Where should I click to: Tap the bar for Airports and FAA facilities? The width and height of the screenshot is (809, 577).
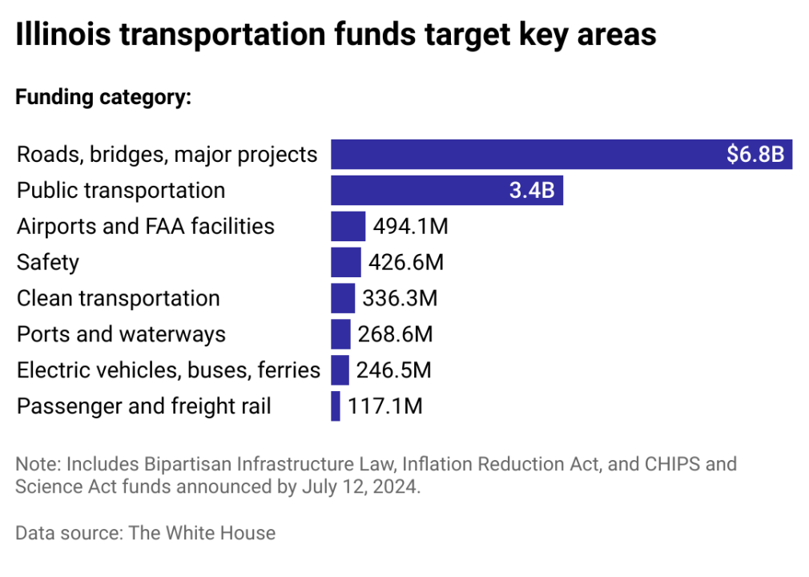pos(348,227)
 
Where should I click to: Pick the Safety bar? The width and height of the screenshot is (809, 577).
pos(345,262)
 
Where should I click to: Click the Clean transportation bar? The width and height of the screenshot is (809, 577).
pos(342,298)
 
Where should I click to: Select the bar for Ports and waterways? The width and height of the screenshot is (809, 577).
pos(340,334)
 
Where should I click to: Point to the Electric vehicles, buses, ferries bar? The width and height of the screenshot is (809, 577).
pos(340,370)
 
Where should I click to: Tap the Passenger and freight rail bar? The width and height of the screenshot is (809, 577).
pos(335,406)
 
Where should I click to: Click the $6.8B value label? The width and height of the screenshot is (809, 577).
pos(755,155)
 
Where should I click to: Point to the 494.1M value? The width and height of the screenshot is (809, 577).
pos(410,227)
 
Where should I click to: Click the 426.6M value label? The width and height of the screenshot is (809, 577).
pos(406,262)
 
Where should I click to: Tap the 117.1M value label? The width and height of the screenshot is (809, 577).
pos(385,406)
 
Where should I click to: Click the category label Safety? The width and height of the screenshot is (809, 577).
pos(48,262)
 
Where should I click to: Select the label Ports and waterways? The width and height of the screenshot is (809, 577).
pos(121,334)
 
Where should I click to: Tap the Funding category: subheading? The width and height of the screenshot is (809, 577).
pos(103,98)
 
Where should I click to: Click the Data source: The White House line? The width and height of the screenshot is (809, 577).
pos(145,533)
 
